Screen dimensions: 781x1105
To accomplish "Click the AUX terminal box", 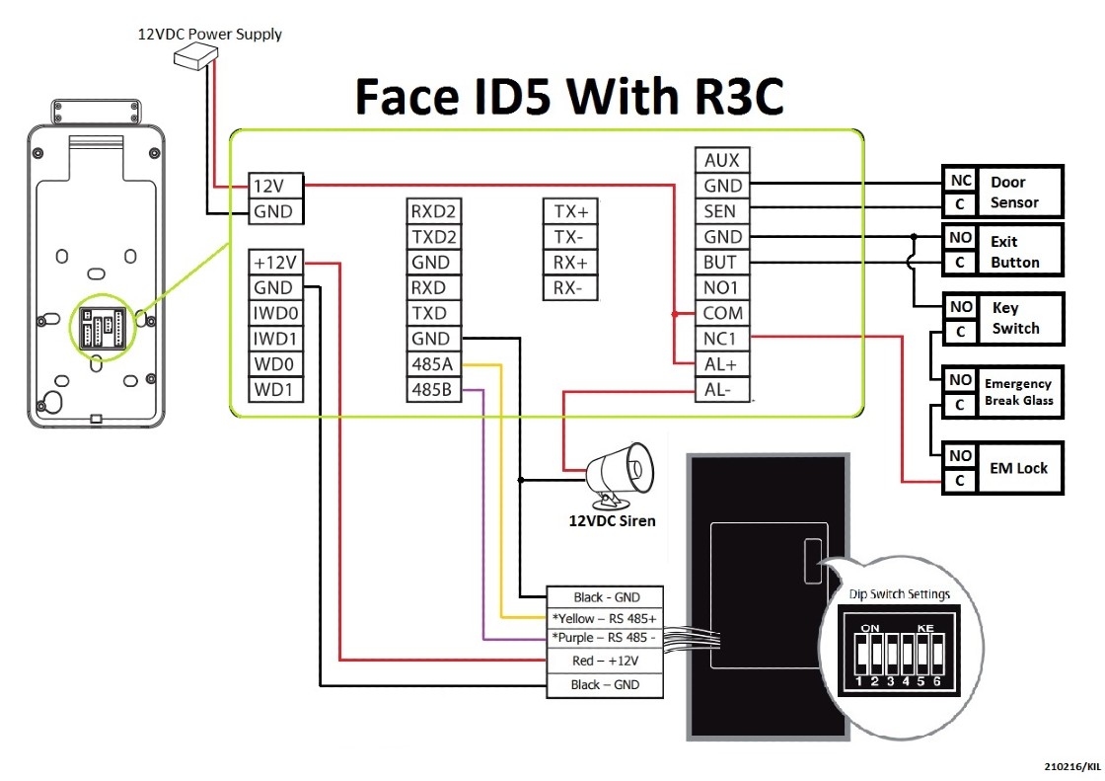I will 722,160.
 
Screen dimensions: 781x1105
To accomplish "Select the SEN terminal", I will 722,211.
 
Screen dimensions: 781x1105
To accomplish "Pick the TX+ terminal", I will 570,211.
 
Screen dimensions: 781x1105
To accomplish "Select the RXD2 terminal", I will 434,211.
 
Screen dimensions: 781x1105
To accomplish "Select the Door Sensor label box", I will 1019,192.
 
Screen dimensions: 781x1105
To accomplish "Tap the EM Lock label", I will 1019,468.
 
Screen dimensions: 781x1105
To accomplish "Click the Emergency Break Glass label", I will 1019,391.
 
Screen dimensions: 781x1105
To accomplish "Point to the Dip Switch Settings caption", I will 899,594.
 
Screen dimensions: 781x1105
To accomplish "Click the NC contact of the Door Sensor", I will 960,182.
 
